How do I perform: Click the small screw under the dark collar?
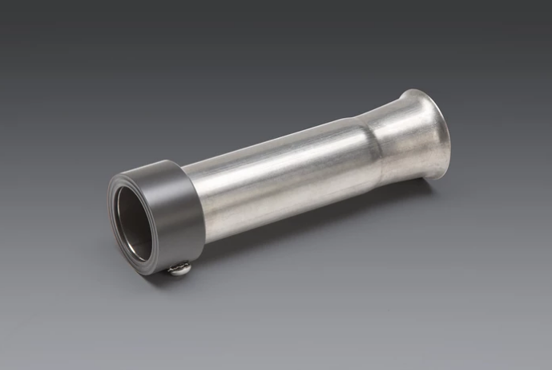pos(180,270)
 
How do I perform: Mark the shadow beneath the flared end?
pos(417,193)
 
